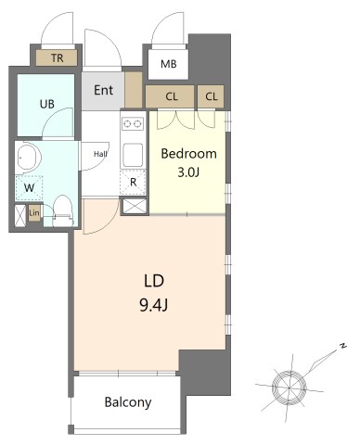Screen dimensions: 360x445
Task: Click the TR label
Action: click(x=58, y=57)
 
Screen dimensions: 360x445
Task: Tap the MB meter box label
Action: click(x=169, y=64)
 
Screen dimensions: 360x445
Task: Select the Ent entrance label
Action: click(x=103, y=90)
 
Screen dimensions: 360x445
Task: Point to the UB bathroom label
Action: click(x=47, y=104)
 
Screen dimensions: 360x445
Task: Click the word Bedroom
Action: click(x=188, y=154)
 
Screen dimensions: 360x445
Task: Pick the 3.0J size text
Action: click(x=188, y=172)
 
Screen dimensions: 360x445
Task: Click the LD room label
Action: click(x=154, y=281)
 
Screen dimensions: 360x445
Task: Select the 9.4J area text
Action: click(x=154, y=305)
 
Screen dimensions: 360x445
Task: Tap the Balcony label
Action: click(x=128, y=402)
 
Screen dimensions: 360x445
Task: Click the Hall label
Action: click(x=100, y=154)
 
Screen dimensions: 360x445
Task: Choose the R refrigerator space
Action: click(x=133, y=183)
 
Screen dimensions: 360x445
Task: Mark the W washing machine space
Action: click(x=29, y=188)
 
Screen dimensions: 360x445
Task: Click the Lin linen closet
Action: click(x=34, y=213)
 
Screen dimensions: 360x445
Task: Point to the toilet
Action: click(x=63, y=211)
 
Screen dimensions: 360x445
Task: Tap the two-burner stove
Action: click(x=133, y=124)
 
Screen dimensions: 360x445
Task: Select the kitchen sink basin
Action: click(x=133, y=155)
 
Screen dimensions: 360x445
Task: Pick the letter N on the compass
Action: click(x=342, y=346)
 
